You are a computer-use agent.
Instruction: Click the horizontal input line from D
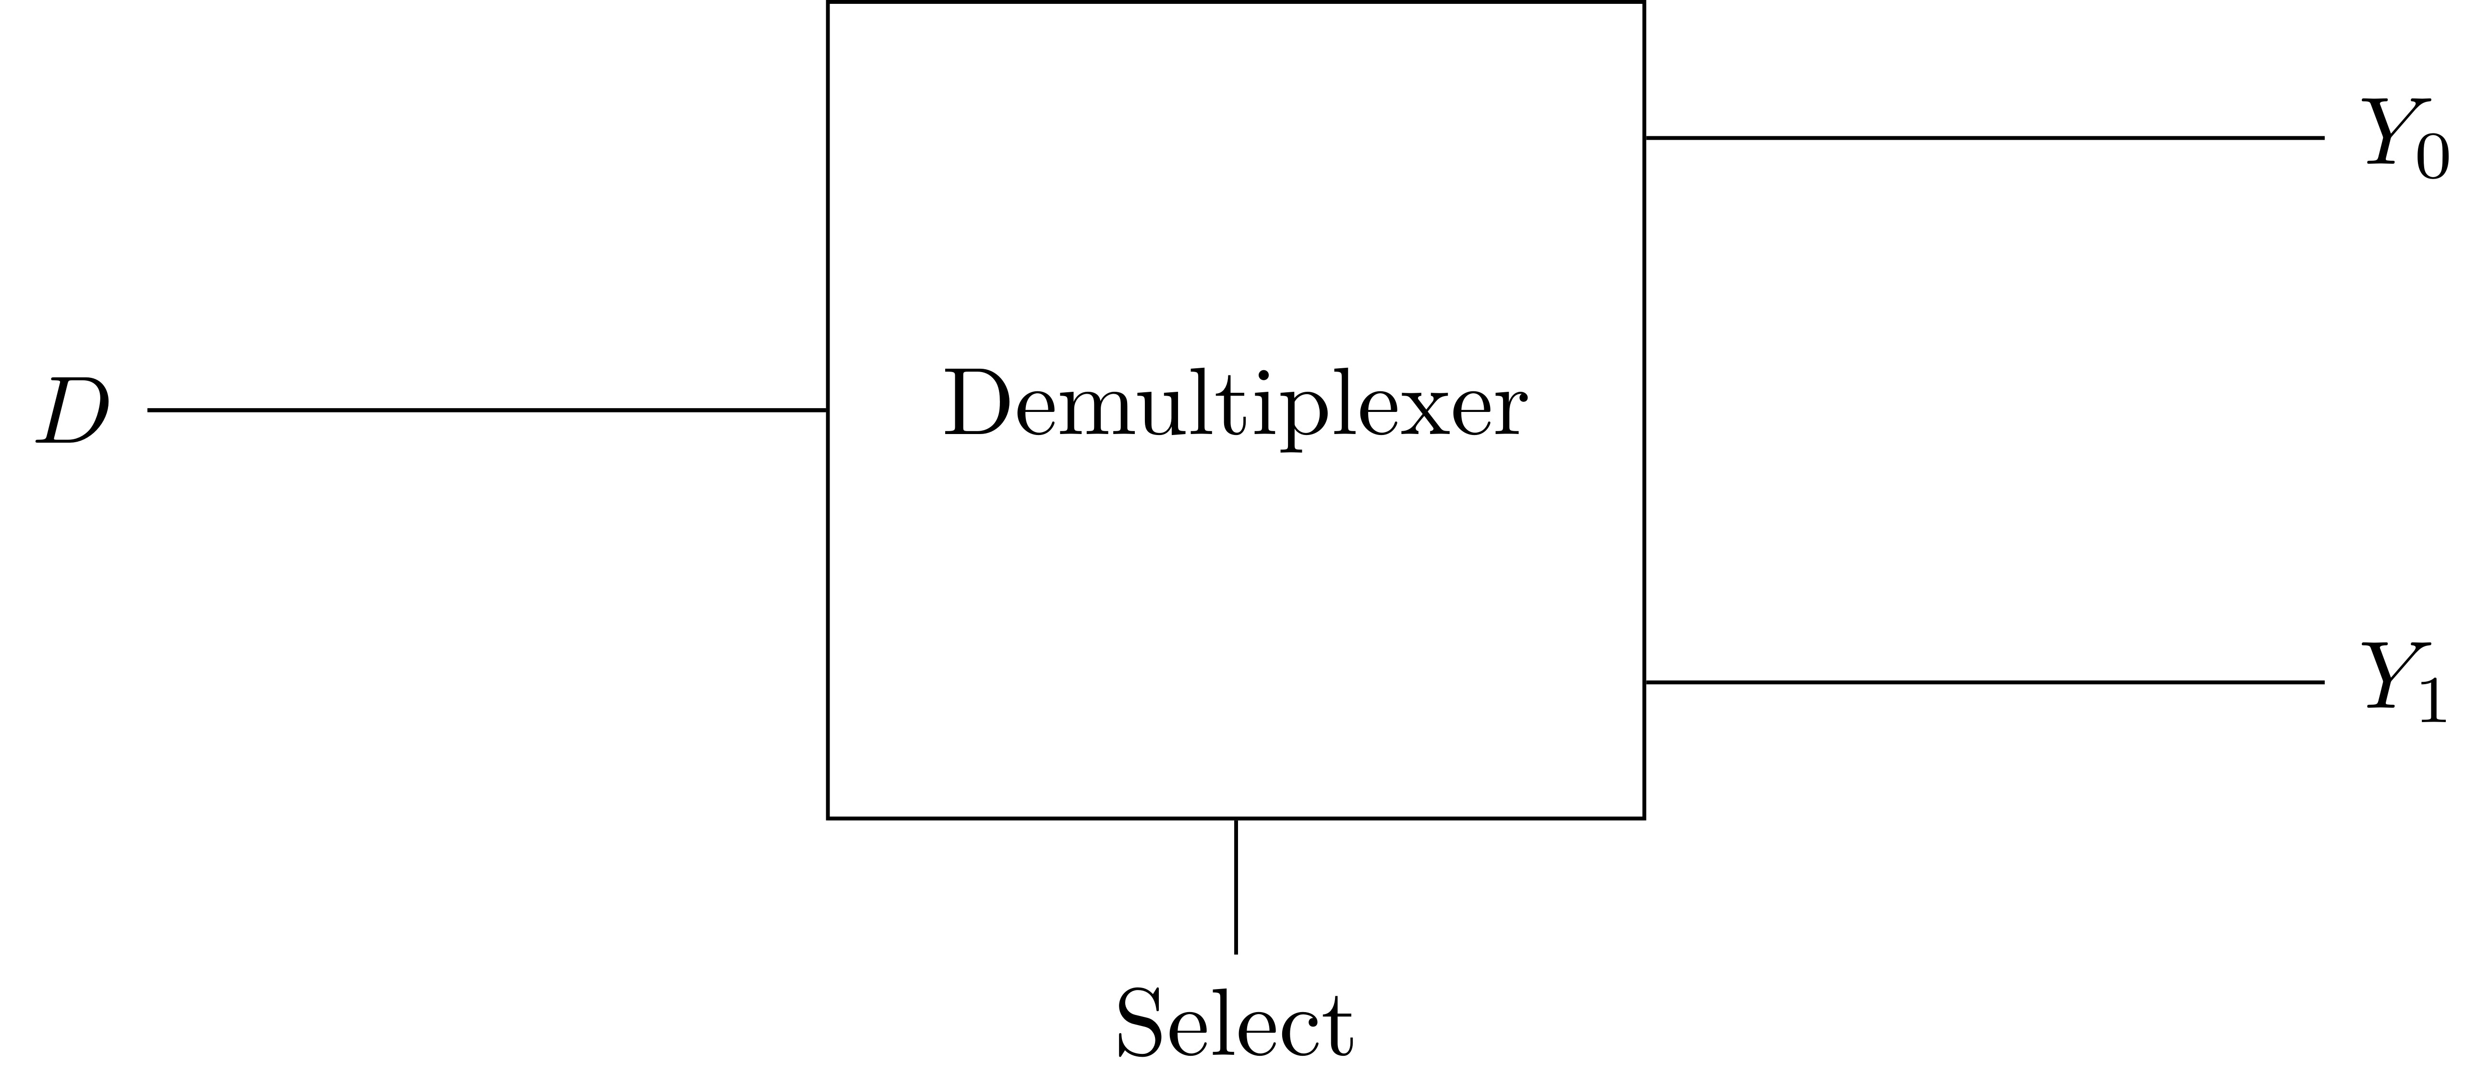[x=487, y=410]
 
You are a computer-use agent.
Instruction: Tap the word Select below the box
[x=1235, y=1022]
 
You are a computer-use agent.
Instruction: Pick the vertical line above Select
[x=1236, y=886]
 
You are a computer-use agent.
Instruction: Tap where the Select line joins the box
[x=1236, y=819]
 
